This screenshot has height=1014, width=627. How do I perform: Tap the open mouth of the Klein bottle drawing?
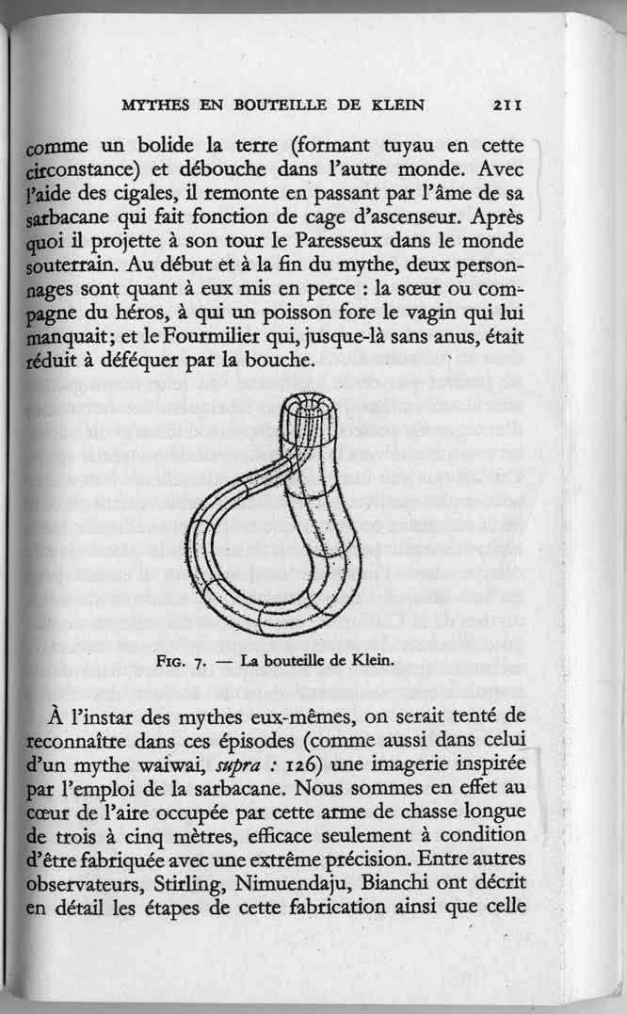(310, 413)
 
